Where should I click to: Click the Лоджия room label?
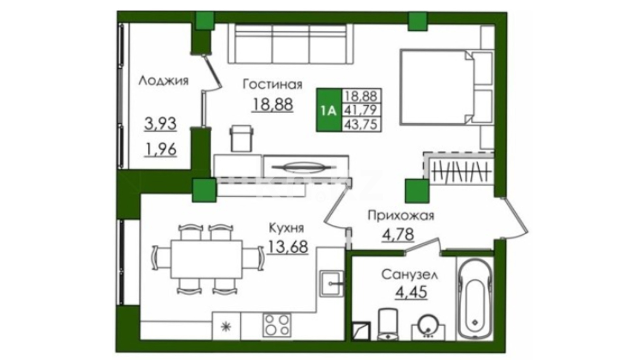(x=163, y=81)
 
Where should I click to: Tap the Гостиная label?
(x=272, y=85)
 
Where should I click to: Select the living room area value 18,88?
(x=273, y=104)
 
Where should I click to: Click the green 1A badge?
(x=329, y=110)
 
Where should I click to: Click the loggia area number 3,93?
(x=160, y=124)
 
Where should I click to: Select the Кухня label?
(x=286, y=228)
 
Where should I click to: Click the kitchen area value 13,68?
(x=288, y=247)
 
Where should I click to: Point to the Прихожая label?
(x=401, y=216)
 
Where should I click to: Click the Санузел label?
(x=410, y=275)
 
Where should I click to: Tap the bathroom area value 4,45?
(x=411, y=293)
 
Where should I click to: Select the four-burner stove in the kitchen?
(x=276, y=325)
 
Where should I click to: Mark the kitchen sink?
(x=331, y=284)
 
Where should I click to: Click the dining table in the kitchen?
(x=207, y=259)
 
